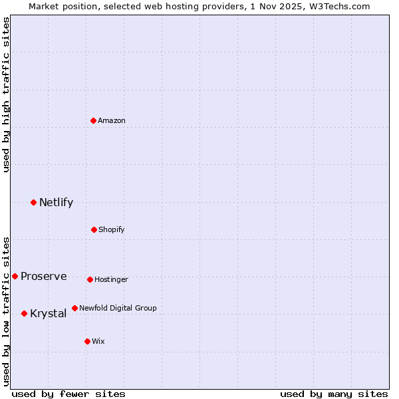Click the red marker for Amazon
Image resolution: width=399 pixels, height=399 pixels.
pyautogui.click(x=93, y=120)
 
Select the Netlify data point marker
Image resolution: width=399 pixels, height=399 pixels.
pyautogui.click(x=33, y=202)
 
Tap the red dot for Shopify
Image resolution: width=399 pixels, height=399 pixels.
pyautogui.click(x=94, y=229)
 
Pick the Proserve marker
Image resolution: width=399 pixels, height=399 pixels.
pyautogui.click(x=15, y=276)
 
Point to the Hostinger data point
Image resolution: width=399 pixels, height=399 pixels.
pyautogui.click(x=90, y=279)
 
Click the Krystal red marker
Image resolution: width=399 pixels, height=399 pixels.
pyautogui.click(x=24, y=313)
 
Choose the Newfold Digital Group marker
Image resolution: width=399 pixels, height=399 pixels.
pyautogui.click(x=74, y=308)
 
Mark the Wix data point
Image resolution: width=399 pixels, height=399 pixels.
pyautogui.click(x=87, y=341)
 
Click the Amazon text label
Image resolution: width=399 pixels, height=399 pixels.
pyautogui.click(x=112, y=120)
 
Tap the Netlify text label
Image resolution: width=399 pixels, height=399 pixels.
pyautogui.click(x=56, y=202)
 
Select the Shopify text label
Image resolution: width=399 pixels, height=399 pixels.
pyautogui.click(x=112, y=229)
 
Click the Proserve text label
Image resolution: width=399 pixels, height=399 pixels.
pyautogui.click(x=43, y=276)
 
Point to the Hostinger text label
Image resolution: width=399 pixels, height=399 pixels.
pyautogui.click(x=111, y=279)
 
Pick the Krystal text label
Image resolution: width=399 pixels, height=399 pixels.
pyautogui.click(x=48, y=313)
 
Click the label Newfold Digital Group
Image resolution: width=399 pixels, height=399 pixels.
pyautogui.click(x=118, y=308)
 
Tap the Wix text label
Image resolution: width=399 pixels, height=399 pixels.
pyautogui.click(x=98, y=341)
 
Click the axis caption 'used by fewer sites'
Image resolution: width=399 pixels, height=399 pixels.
pyautogui.click(x=68, y=394)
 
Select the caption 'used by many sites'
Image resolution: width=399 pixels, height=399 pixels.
pyautogui.click(x=334, y=394)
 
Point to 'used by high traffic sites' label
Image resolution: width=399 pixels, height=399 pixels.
pyautogui.click(x=6, y=94)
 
